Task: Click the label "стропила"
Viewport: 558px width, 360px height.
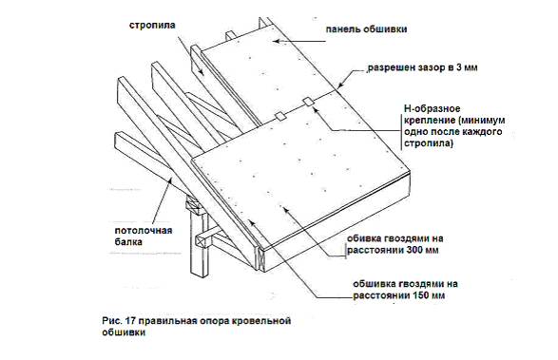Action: click(152, 26)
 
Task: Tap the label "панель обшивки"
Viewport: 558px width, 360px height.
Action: click(366, 29)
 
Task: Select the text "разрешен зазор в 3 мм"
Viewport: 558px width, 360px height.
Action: click(422, 67)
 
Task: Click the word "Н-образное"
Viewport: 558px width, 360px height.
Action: click(432, 108)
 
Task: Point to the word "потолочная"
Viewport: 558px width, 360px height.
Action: click(144, 231)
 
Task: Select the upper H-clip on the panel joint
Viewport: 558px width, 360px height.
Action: click(308, 102)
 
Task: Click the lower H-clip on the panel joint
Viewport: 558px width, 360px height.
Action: click(280, 116)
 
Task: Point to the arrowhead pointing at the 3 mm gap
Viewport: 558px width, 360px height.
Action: click(339, 85)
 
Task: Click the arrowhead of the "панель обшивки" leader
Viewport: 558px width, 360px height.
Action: click(277, 41)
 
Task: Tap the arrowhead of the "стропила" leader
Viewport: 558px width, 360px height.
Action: click(202, 72)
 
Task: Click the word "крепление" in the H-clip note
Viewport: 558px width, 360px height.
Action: click(429, 121)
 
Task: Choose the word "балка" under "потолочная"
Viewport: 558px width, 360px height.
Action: click(128, 242)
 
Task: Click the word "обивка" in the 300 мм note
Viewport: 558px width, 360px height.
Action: click(366, 238)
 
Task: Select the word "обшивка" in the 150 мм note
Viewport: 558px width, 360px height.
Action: click(374, 284)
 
